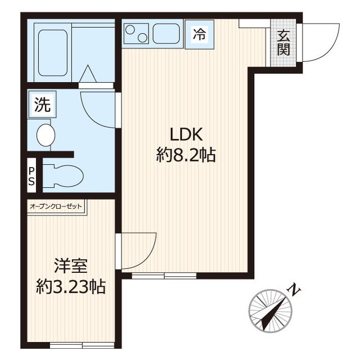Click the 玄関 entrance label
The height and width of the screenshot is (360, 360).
tap(283, 43)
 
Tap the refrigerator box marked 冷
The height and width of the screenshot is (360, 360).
tap(200, 34)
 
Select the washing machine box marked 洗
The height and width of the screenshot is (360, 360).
tap(42, 105)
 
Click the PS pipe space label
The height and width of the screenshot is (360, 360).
tap(31, 176)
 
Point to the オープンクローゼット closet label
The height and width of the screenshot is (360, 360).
tap(56, 206)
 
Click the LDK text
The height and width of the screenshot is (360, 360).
tap(186, 134)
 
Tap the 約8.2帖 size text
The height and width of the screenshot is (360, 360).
tap(186, 155)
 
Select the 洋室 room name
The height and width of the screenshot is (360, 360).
tap(71, 265)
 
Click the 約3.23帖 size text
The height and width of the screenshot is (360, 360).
tap(71, 286)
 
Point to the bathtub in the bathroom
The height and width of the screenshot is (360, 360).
tap(53, 53)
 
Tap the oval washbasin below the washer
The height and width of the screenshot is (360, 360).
tap(46, 135)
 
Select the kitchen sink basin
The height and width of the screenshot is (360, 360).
tap(166, 34)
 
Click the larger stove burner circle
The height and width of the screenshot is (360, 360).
tap(130, 30)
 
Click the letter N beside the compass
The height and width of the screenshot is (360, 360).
tap(294, 290)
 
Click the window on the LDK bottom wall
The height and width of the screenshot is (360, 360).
tap(164, 276)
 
